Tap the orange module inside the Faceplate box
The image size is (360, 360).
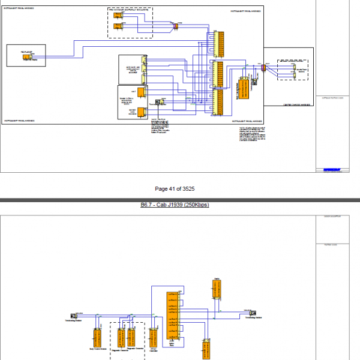point(27,59)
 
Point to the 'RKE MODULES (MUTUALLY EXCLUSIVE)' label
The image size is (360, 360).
point(130,10)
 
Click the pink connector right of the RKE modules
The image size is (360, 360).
point(175,25)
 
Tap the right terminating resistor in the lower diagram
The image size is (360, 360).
point(253,313)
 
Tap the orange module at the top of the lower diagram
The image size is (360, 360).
point(217,289)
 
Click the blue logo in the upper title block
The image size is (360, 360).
point(331,170)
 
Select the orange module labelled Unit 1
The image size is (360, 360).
point(140,91)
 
